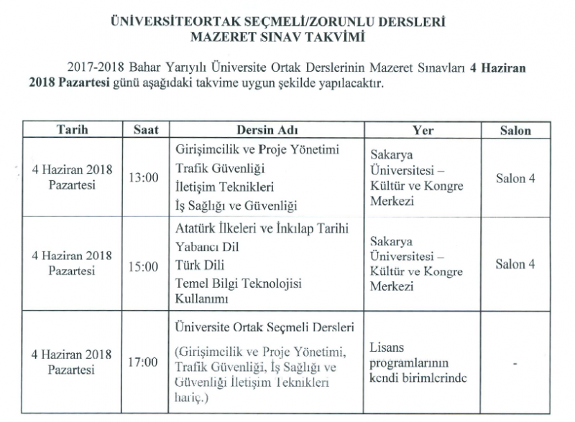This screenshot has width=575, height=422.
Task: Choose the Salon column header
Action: tap(515, 131)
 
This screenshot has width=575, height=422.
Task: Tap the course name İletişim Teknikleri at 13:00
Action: tap(226, 187)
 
